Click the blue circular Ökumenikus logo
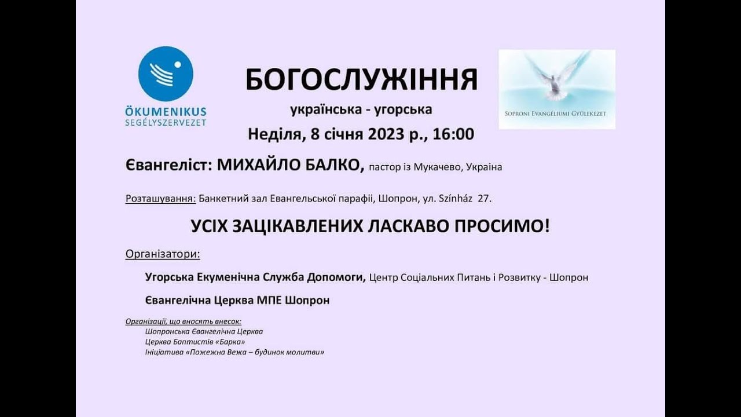[166, 74]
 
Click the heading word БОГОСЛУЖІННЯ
[361, 80]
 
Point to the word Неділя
[273, 134]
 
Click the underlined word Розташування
[160, 199]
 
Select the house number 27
[485, 199]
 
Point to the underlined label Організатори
[163, 254]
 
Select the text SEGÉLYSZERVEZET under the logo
[166, 122]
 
